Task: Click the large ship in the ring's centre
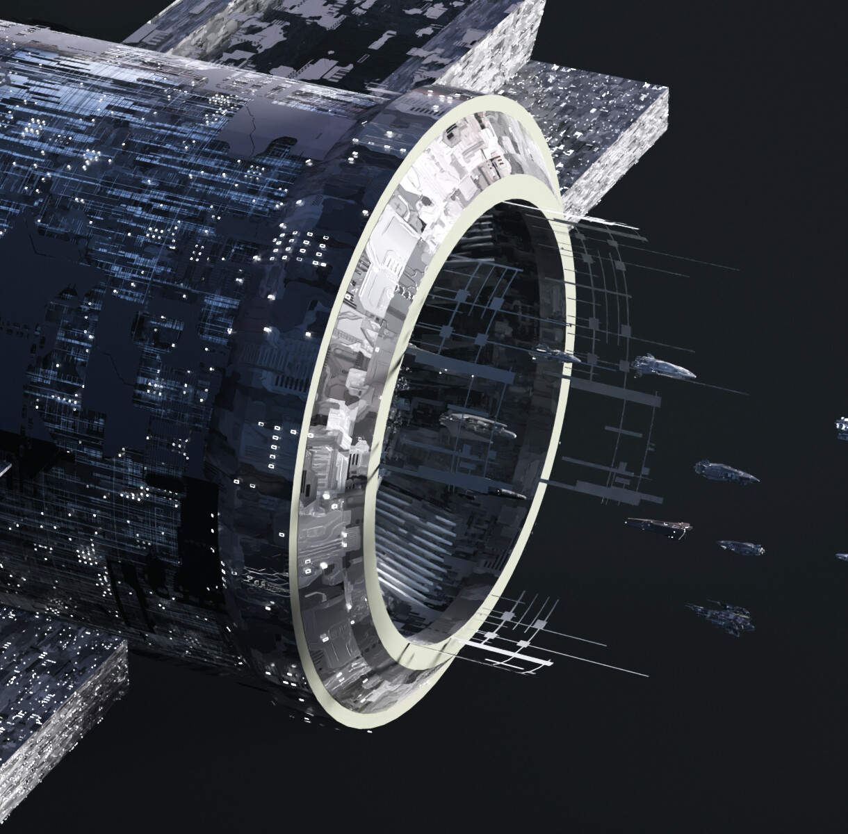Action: click(x=480, y=423)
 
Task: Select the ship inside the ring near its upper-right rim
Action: click(x=560, y=357)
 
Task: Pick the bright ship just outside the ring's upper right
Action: click(x=664, y=366)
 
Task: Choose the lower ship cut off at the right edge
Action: click(x=842, y=556)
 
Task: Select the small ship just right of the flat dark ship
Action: click(x=741, y=547)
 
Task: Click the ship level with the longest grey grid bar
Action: click(x=727, y=472)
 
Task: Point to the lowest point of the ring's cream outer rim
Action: click(x=368, y=725)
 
